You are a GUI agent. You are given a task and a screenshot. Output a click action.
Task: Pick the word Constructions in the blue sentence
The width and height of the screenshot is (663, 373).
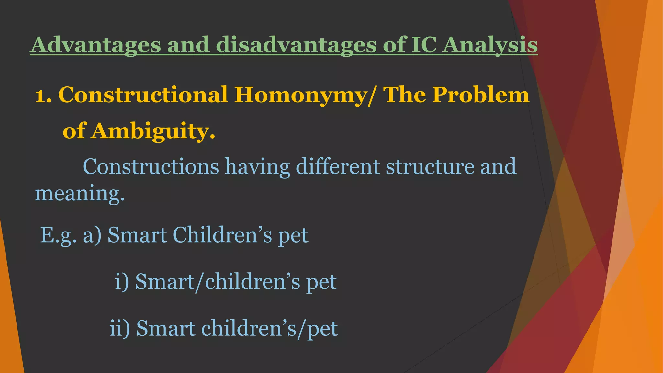tap(151, 166)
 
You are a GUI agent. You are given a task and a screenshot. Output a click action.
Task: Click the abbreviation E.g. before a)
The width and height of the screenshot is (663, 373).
tap(58, 235)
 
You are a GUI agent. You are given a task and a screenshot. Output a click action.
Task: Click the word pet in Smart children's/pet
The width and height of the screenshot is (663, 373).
tap(322, 329)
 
